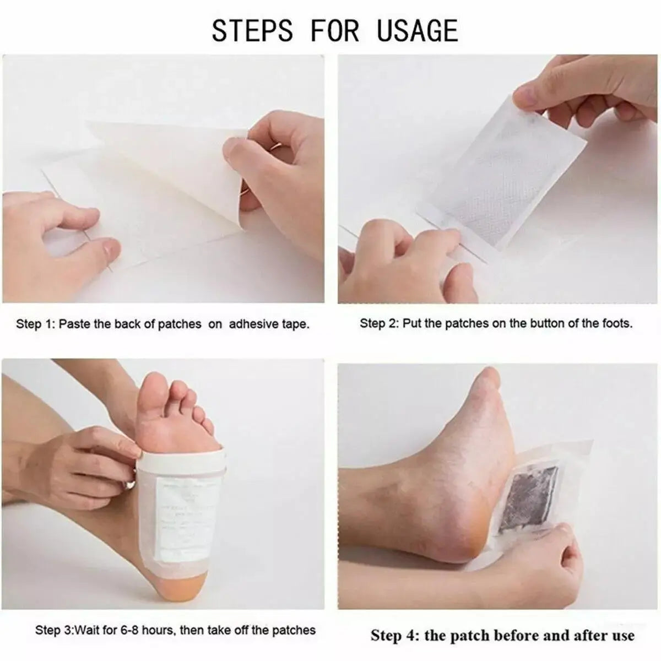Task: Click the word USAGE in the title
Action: pyautogui.click(x=417, y=30)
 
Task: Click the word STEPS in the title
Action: pyautogui.click(x=252, y=30)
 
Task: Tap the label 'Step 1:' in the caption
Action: pyautogui.click(x=35, y=324)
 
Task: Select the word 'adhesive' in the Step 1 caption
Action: pyautogui.click(x=252, y=324)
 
